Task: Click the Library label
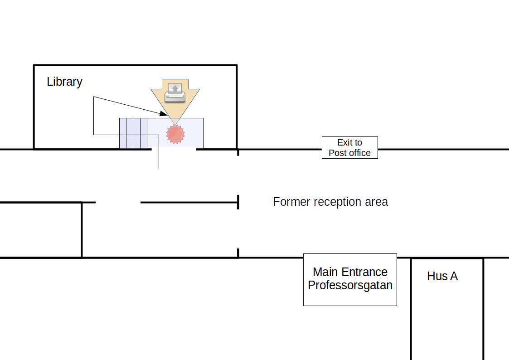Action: (65, 82)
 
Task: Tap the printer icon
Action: (175, 93)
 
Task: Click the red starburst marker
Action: (175, 134)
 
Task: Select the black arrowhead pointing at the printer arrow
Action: (164, 114)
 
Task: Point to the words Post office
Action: (349, 153)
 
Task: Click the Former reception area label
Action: (330, 202)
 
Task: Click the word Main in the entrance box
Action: (325, 272)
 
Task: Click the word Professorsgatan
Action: (350, 285)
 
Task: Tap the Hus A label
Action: (442, 276)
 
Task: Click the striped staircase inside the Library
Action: (133, 133)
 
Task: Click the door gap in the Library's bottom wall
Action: (174, 149)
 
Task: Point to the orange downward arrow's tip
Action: (175, 125)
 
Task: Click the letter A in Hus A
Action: (454, 276)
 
